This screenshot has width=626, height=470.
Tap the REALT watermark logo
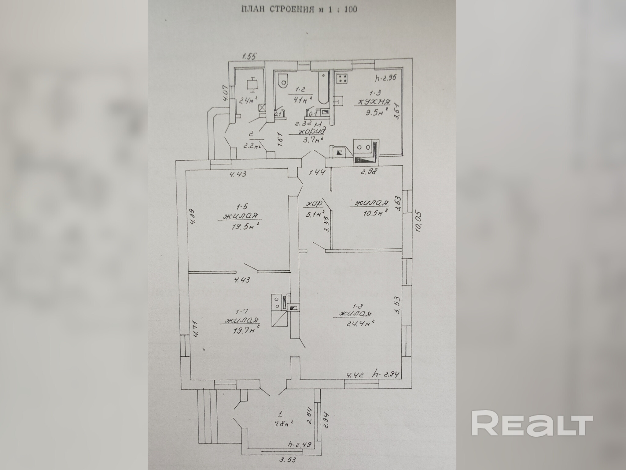[532, 426]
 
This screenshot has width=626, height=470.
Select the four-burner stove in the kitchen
[341, 79]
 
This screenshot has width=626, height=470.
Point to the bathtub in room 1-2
[323, 88]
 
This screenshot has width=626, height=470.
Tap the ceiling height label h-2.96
[385, 78]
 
